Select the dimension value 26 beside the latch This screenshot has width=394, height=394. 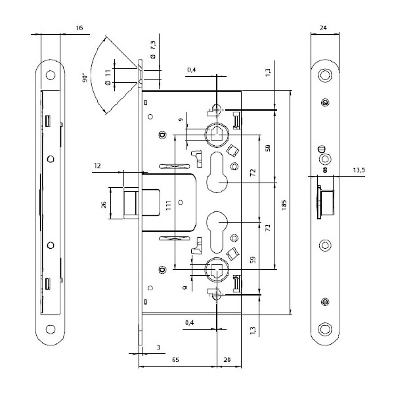[x=104, y=205]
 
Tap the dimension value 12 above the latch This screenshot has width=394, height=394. [x=97, y=166]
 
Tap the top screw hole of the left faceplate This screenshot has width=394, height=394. [x=49, y=76]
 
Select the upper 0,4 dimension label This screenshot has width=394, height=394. [x=191, y=70]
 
